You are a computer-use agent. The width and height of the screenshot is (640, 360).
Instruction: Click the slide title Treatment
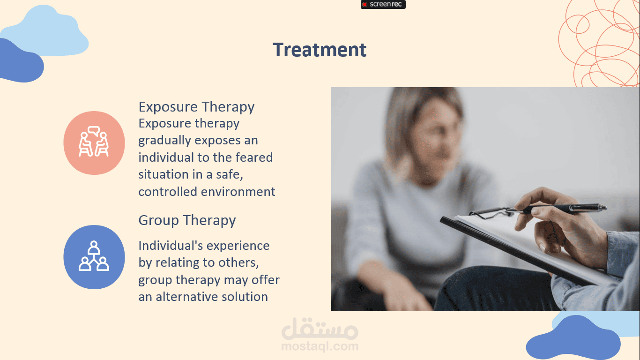[x=320, y=50]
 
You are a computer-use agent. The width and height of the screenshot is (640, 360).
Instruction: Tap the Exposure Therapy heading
[x=196, y=107]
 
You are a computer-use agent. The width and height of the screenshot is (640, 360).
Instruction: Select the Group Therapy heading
[x=187, y=220]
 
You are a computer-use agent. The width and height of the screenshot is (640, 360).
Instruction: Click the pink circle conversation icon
[x=94, y=142]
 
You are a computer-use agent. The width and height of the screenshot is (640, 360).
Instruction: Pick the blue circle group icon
[x=94, y=257]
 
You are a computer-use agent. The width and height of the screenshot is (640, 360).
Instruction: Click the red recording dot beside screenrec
[x=365, y=4]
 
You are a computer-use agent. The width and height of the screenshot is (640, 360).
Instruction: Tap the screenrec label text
[x=386, y=4]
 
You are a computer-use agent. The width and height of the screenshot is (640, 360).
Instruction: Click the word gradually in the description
[x=164, y=141]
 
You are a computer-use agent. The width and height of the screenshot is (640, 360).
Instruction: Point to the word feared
[x=254, y=157]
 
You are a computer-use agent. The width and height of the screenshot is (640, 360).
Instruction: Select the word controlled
[x=168, y=192]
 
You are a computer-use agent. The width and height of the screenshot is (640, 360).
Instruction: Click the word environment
[x=238, y=192]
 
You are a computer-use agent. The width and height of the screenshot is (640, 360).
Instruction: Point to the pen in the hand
[x=557, y=208]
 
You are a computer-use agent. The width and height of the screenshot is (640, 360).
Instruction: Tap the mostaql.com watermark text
[x=320, y=346]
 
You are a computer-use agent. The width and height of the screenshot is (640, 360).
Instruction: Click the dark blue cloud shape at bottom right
[x=573, y=339]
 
